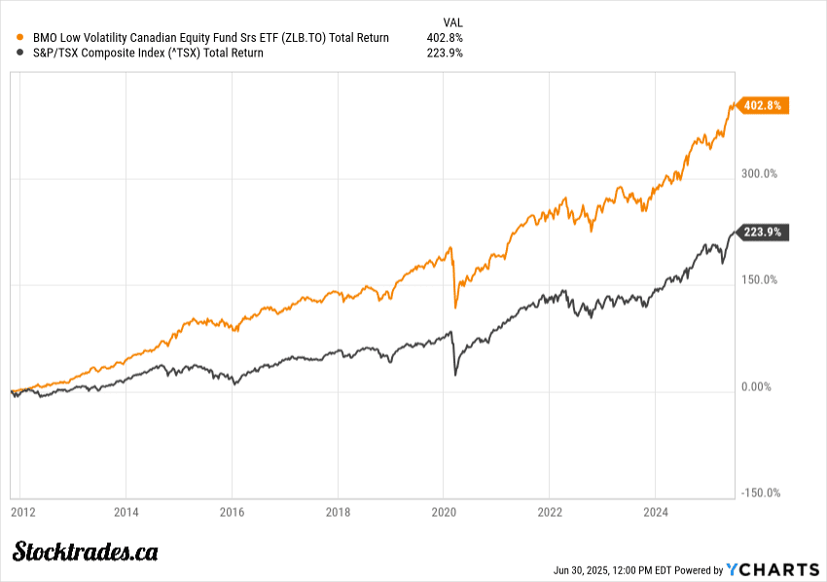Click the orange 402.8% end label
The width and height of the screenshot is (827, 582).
click(x=763, y=105)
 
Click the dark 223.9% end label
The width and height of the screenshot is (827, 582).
click(x=763, y=232)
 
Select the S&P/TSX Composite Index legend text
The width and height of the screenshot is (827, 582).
click(x=145, y=54)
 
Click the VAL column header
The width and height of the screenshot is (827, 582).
click(x=452, y=21)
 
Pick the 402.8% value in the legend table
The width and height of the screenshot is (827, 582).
click(x=445, y=38)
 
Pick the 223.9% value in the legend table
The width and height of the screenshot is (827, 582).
click(x=445, y=54)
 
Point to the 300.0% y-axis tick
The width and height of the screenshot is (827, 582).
click(x=758, y=174)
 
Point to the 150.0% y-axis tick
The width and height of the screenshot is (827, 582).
click(x=758, y=280)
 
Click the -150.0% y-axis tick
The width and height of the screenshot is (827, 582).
click(x=760, y=493)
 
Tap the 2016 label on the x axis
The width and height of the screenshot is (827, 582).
click(x=232, y=511)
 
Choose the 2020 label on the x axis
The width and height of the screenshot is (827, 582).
click(x=444, y=511)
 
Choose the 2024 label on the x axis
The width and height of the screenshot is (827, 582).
click(x=657, y=511)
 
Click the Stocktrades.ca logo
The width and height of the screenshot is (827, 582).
click(x=86, y=552)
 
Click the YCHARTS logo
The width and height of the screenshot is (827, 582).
click(x=772, y=569)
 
